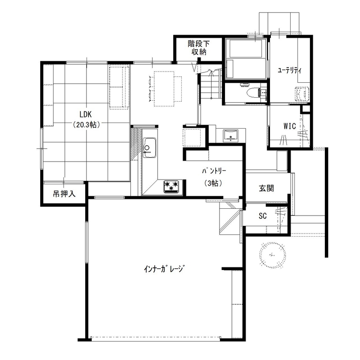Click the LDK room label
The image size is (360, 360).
tap(86, 114)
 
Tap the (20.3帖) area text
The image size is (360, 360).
tap(86, 125)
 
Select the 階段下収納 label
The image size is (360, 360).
tap(198, 48)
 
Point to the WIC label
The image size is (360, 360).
tap(290, 126)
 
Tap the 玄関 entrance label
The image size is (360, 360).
tap(266, 188)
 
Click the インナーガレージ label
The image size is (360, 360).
tap(164, 269)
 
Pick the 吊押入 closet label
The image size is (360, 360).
tap(64, 194)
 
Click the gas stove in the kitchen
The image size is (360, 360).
tap(172, 186)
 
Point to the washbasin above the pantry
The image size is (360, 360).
tap(231, 135)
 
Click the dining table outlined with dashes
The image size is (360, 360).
tap(165, 88)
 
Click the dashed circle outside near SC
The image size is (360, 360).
tap(272, 254)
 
